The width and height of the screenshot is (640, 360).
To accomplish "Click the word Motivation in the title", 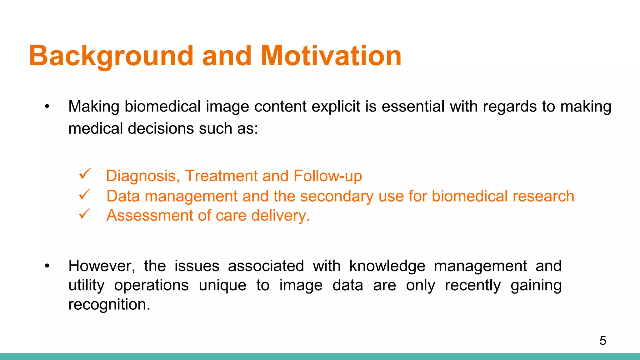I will tap(331, 56).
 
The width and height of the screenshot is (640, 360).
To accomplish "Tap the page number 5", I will tap(603, 341).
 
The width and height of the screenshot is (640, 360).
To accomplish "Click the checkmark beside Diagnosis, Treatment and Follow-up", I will tap(85, 174).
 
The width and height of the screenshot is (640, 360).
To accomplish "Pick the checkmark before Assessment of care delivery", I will tap(84, 214).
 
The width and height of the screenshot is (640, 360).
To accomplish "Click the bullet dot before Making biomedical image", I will tap(47, 107).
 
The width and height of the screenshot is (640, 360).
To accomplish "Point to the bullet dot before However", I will tap(47, 266).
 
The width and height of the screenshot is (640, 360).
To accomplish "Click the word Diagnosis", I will tap(142, 176).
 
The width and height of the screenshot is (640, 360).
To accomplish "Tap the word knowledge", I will tap(387, 266).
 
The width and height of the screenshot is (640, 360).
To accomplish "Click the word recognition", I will tap(109, 305).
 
